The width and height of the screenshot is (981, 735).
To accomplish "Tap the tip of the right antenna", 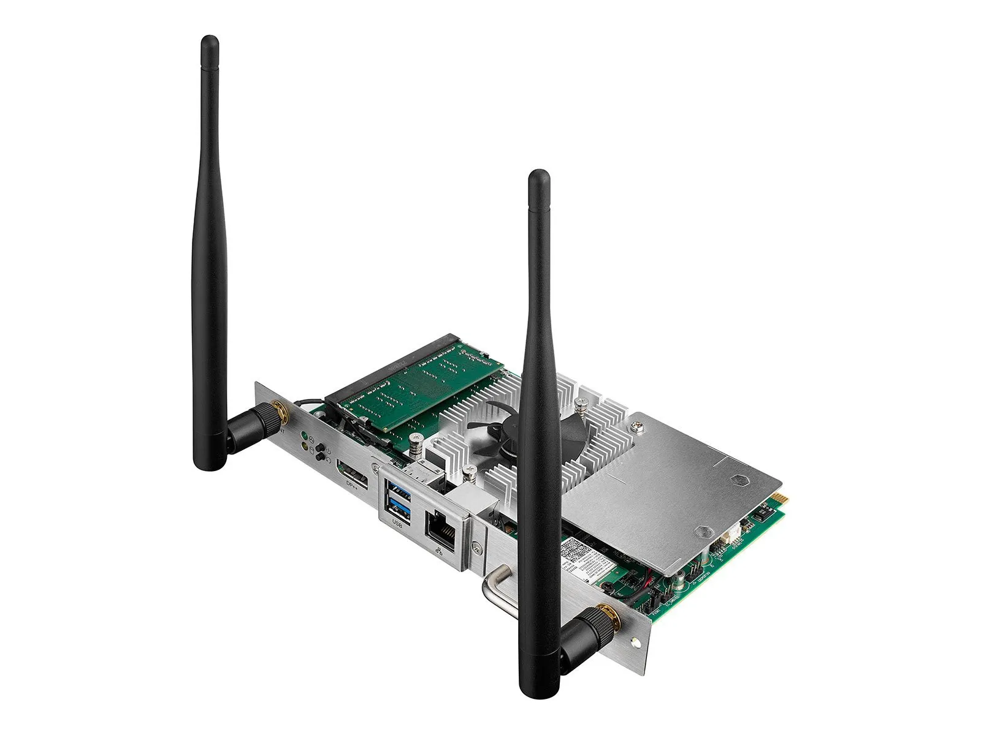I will click(538, 176).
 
